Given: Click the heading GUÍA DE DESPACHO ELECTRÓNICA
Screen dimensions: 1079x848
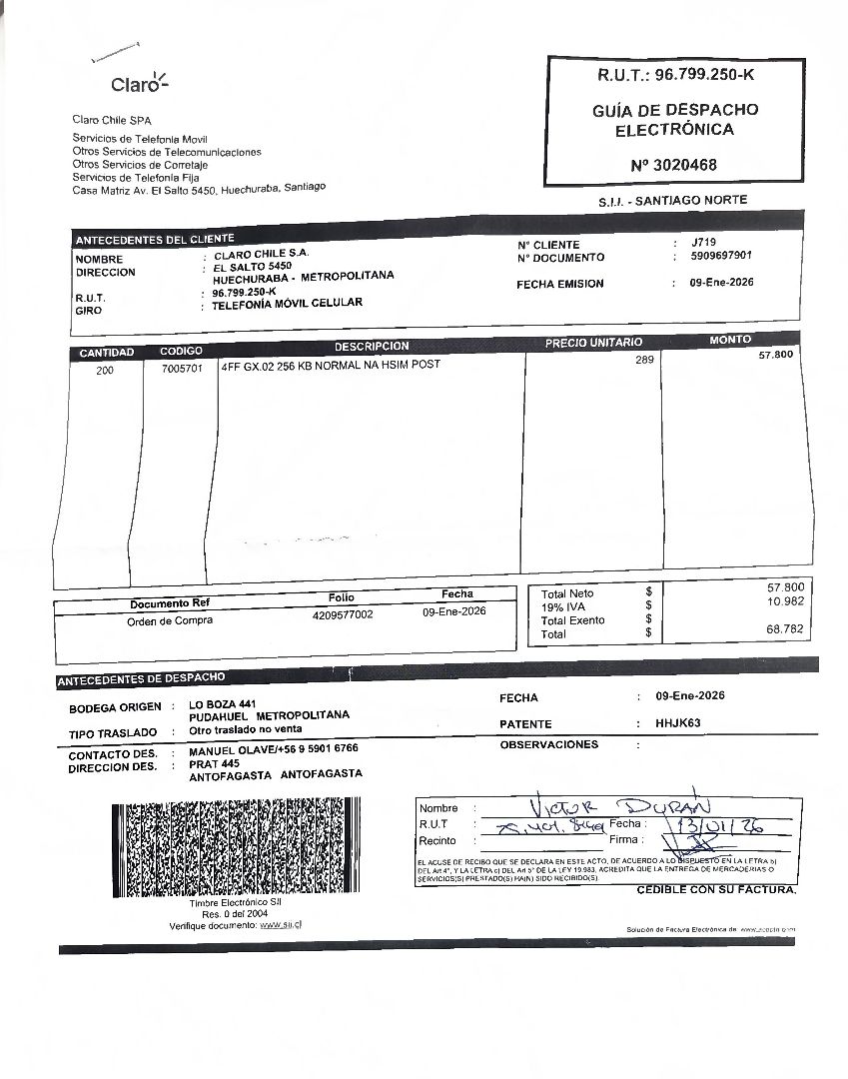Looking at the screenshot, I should [674, 119].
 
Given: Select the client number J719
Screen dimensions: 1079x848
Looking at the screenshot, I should [703, 243].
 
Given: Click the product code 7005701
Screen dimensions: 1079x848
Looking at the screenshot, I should [182, 368].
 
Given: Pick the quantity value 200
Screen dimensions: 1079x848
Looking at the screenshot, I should [105, 371].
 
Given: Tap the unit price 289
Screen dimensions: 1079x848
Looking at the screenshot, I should [644, 360].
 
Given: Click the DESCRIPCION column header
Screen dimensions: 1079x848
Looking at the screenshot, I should [372, 346].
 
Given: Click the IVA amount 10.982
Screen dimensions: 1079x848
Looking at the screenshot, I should [786, 601].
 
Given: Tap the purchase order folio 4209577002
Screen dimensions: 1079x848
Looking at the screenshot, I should [343, 615].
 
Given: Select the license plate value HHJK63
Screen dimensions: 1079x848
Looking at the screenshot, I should [679, 722].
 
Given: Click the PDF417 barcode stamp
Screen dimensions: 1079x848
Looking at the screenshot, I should [231, 848].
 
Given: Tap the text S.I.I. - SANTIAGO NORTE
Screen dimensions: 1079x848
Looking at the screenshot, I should [672, 201].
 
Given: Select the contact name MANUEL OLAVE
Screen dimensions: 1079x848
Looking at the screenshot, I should [232, 748].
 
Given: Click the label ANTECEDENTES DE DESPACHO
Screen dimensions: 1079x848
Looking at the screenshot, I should [141, 679].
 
